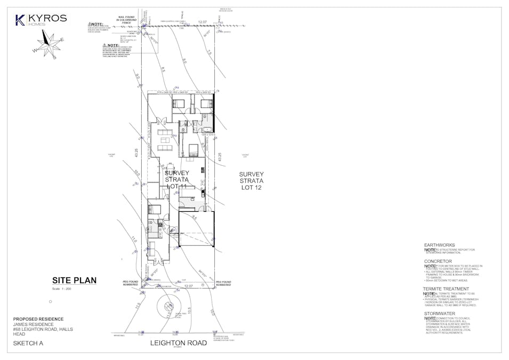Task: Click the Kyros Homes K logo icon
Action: coord(20,20)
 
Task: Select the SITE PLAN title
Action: coord(74,280)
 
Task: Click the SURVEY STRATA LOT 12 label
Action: coord(251,181)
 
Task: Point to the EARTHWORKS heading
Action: coord(439,245)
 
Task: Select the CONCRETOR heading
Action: coord(438,261)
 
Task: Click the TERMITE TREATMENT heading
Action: coord(446,289)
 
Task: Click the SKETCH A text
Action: coord(28,343)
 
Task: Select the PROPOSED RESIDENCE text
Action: coord(38,318)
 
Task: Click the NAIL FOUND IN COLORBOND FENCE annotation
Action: coord(127,21)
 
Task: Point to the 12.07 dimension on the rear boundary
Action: coord(202,22)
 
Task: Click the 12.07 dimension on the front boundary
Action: coord(188,286)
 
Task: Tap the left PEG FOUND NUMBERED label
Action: coord(130,283)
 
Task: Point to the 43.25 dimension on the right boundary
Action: coord(219,157)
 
